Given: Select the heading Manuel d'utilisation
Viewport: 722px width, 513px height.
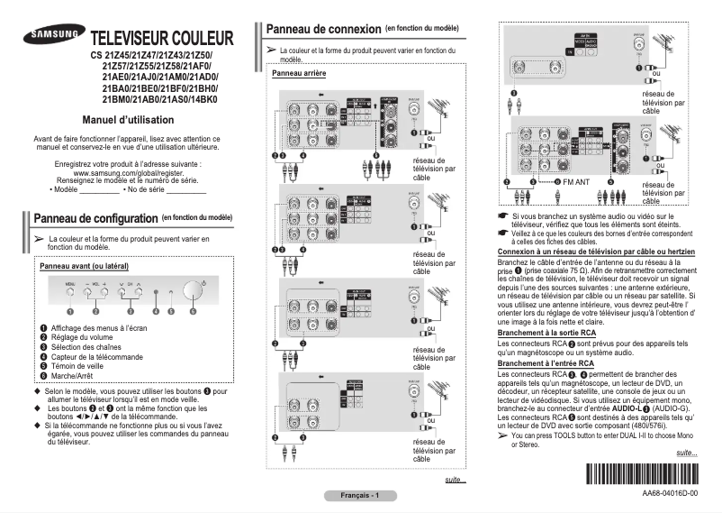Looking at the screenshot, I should point(127,120).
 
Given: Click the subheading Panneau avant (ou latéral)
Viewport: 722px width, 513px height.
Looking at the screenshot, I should point(84,267).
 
